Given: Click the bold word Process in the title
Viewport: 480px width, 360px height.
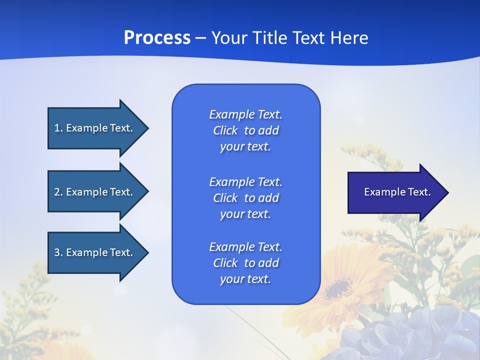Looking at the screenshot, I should coord(157,38).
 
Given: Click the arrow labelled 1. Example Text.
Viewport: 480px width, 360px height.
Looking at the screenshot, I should coord(94,128).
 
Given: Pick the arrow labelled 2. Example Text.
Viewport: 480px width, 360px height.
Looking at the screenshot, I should coord(94,192).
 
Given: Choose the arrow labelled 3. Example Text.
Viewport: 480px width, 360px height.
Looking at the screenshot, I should coord(94,252).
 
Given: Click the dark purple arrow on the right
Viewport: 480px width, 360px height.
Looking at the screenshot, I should coord(395,192).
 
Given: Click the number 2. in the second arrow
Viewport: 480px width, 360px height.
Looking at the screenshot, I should coord(58,192).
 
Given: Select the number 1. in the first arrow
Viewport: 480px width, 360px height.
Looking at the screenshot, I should coord(58,128).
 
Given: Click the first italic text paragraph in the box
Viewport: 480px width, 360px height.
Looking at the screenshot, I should coord(245,130).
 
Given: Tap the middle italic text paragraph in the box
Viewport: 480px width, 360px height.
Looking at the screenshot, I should coord(245,198).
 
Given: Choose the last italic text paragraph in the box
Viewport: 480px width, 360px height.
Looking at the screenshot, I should coord(245,263).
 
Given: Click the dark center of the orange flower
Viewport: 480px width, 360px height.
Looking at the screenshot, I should coord(338,288).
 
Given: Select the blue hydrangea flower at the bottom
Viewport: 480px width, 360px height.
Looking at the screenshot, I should coord(400,335).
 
